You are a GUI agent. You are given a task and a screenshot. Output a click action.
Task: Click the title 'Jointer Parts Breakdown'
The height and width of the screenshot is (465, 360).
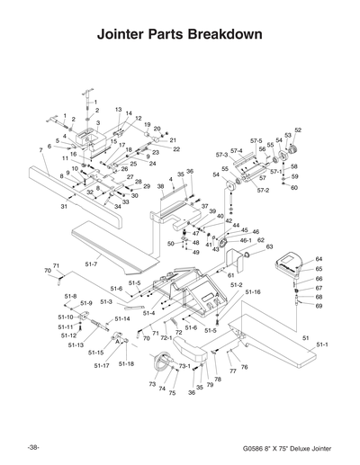pos(179,36)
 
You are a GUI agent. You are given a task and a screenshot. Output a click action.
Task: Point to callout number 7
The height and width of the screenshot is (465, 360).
pos(40,149)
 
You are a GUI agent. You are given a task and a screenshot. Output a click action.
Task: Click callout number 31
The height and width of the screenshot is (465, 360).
pos(65,207)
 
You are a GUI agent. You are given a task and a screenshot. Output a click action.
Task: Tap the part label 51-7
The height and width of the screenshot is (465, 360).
pos(91,264)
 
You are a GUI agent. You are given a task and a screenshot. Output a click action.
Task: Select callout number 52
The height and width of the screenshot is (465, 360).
pos(298,130)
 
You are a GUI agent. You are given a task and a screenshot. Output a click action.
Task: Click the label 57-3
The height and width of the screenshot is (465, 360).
pos(221,156)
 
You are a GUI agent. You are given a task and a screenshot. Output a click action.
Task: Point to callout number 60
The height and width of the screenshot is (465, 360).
pos(294,188)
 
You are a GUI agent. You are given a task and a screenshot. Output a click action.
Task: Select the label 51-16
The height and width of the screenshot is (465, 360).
pos(253,292)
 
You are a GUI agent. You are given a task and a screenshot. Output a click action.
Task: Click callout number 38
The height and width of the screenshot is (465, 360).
pos(160,187)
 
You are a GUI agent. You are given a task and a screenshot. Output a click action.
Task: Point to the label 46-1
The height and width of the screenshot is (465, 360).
pos(245,240)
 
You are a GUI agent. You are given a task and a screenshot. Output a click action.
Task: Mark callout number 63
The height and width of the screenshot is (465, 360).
pos(269,246)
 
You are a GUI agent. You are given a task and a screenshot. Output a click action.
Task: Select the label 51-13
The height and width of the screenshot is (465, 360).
pos(76,344)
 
